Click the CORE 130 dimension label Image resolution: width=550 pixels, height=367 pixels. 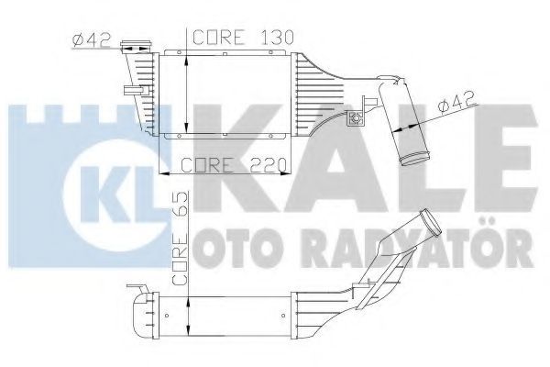[x=243, y=37]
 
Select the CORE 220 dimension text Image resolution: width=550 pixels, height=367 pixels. [x=234, y=164]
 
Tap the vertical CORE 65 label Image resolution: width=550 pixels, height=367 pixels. [x=181, y=239]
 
